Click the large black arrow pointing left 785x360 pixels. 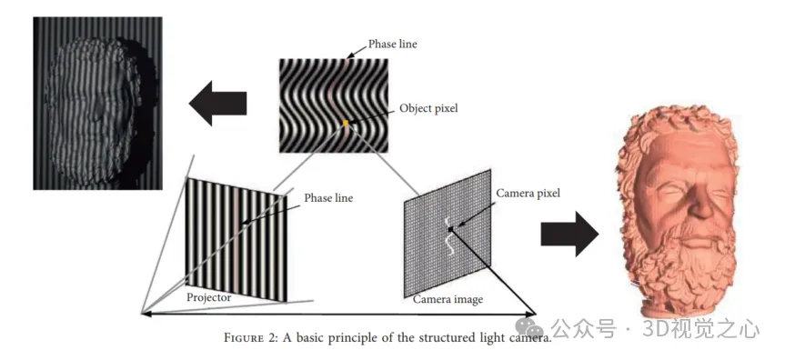pyautogui.click(x=217, y=103)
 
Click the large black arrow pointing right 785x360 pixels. pyautogui.click(x=569, y=234)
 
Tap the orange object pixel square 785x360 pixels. pyautogui.click(x=346, y=123)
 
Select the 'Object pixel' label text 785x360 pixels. pyautogui.click(x=428, y=108)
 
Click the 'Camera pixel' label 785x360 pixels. pyautogui.click(x=528, y=194)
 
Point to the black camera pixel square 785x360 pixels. pyautogui.click(x=451, y=229)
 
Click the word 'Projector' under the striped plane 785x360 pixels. pyautogui.click(x=209, y=297)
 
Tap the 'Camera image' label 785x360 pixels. pyautogui.click(x=448, y=299)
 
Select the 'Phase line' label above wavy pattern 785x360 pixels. pyautogui.click(x=393, y=44)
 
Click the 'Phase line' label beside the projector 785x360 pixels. pyautogui.click(x=328, y=198)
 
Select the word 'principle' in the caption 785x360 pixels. pyautogui.click(x=367, y=338)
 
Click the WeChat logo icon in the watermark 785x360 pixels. pyautogui.click(x=529, y=328)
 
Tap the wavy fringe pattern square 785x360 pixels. pyautogui.click(x=334, y=105)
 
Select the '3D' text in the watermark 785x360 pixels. pyautogui.click(x=655, y=329)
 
